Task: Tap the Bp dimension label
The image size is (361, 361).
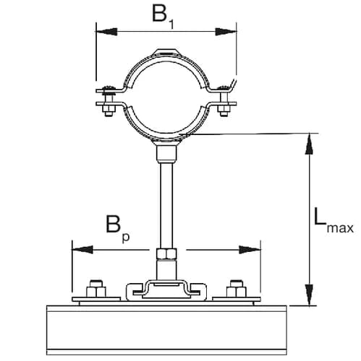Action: click(118, 228)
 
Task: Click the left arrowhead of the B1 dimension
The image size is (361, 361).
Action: click(107, 32)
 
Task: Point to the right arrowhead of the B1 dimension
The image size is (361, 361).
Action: click(226, 32)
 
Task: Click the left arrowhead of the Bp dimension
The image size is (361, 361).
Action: click(82, 250)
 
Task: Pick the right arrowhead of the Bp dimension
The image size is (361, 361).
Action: click(250, 250)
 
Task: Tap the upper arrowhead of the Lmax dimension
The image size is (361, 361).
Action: click(309, 144)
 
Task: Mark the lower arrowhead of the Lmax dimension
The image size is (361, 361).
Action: click(309, 295)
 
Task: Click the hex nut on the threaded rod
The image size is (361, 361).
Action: click(166, 254)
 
